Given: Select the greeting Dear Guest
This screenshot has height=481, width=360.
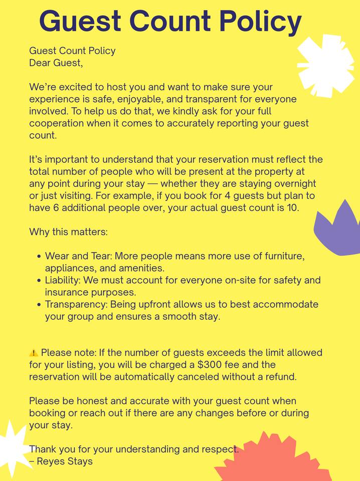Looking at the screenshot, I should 56,63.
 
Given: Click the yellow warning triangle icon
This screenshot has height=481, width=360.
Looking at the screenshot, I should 34,353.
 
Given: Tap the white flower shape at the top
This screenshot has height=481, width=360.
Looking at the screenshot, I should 326,65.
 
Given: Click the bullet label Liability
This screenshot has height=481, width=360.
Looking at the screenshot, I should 62,280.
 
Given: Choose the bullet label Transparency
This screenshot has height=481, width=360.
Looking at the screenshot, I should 76,305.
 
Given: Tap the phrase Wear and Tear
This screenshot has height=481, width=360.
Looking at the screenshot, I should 74,256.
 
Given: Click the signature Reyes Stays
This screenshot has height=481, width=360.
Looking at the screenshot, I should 65,461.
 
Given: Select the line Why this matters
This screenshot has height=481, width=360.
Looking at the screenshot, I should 68,232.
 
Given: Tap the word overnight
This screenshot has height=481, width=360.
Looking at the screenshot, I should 294,184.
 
